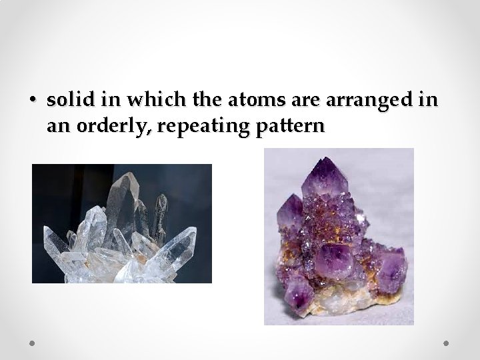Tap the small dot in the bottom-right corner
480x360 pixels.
click(447, 343)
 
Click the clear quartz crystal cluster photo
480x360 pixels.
click(121, 223)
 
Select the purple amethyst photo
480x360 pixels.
click(339, 237)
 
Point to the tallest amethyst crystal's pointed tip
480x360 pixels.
click(325, 159)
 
